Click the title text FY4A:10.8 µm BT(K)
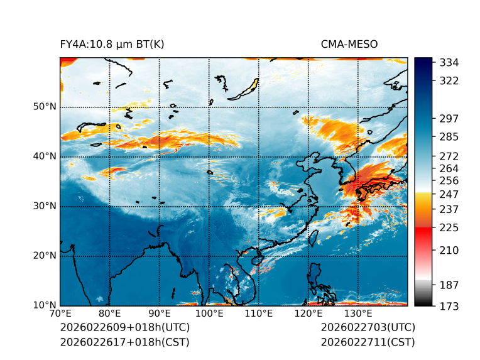112,45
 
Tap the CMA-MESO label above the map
349,45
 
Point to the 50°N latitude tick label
45,107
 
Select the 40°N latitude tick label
45,156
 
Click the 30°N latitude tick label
45,206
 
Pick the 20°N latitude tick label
45,256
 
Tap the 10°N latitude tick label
45,305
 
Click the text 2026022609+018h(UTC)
125,328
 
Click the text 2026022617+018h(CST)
124,342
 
